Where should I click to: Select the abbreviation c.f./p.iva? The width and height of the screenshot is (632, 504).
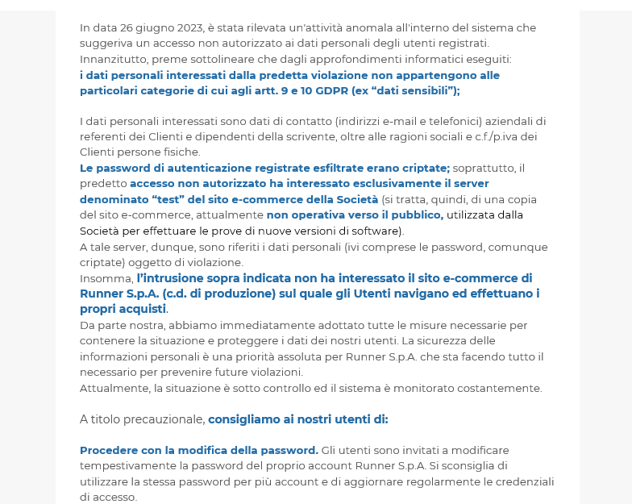[x=492, y=136]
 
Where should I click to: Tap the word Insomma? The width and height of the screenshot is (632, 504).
[x=106, y=278]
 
